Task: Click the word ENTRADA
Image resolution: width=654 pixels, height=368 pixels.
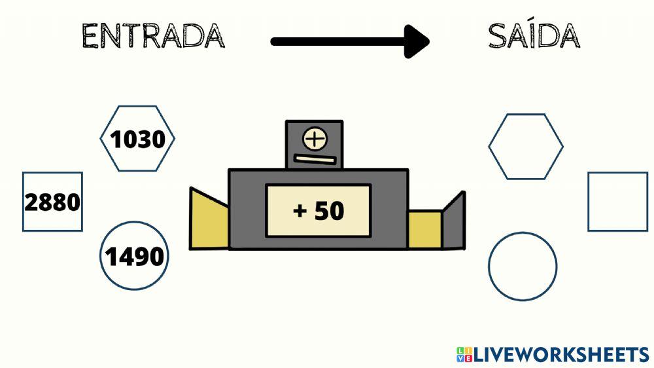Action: (153, 36)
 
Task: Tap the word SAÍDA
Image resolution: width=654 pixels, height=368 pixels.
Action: (533, 36)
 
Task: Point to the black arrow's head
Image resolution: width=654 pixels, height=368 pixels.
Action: (417, 42)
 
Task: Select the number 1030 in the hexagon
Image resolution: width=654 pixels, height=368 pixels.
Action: (137, 139)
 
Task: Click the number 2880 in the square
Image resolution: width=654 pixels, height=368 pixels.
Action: (52, 202)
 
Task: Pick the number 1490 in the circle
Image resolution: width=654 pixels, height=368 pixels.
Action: (135, 257)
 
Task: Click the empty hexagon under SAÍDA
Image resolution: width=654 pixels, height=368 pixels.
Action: (525, 147)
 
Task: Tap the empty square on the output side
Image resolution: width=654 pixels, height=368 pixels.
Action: (617, 202)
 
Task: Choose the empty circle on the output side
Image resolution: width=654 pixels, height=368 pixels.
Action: (523, 267)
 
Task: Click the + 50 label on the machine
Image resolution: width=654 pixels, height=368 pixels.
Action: (318, 211)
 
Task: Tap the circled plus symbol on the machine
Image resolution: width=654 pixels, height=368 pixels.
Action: (315, 139)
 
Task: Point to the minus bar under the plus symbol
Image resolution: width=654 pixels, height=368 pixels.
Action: (315, 158)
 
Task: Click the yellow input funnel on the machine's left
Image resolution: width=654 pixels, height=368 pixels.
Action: (209, 219)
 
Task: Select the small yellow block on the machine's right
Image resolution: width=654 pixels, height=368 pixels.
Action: (425, 230)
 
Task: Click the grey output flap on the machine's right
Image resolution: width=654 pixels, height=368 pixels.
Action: (454, 221)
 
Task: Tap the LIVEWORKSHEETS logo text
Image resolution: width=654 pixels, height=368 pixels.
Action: (561, 355)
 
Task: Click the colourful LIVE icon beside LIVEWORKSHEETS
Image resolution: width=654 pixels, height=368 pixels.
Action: (464, 355)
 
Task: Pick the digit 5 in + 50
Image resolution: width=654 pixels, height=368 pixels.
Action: (322, 211)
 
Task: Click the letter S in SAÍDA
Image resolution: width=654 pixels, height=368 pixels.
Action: (499, 37)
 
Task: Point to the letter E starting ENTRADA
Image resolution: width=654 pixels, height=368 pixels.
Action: (92, 37)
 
